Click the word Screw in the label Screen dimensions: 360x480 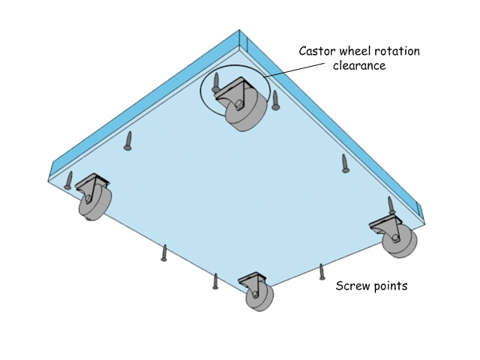click(x=351, y=286)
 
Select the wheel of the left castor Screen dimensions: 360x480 click(x=95, y=203)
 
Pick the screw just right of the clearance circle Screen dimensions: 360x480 click(x=275, y=100)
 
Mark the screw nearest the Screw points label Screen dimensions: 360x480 click(x=322, y=271)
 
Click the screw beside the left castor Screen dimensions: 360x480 click(x=69, y=180)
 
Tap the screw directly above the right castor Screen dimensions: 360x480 click(x=391, y=205)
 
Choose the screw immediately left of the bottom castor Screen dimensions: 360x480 click(x=215, y=281)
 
